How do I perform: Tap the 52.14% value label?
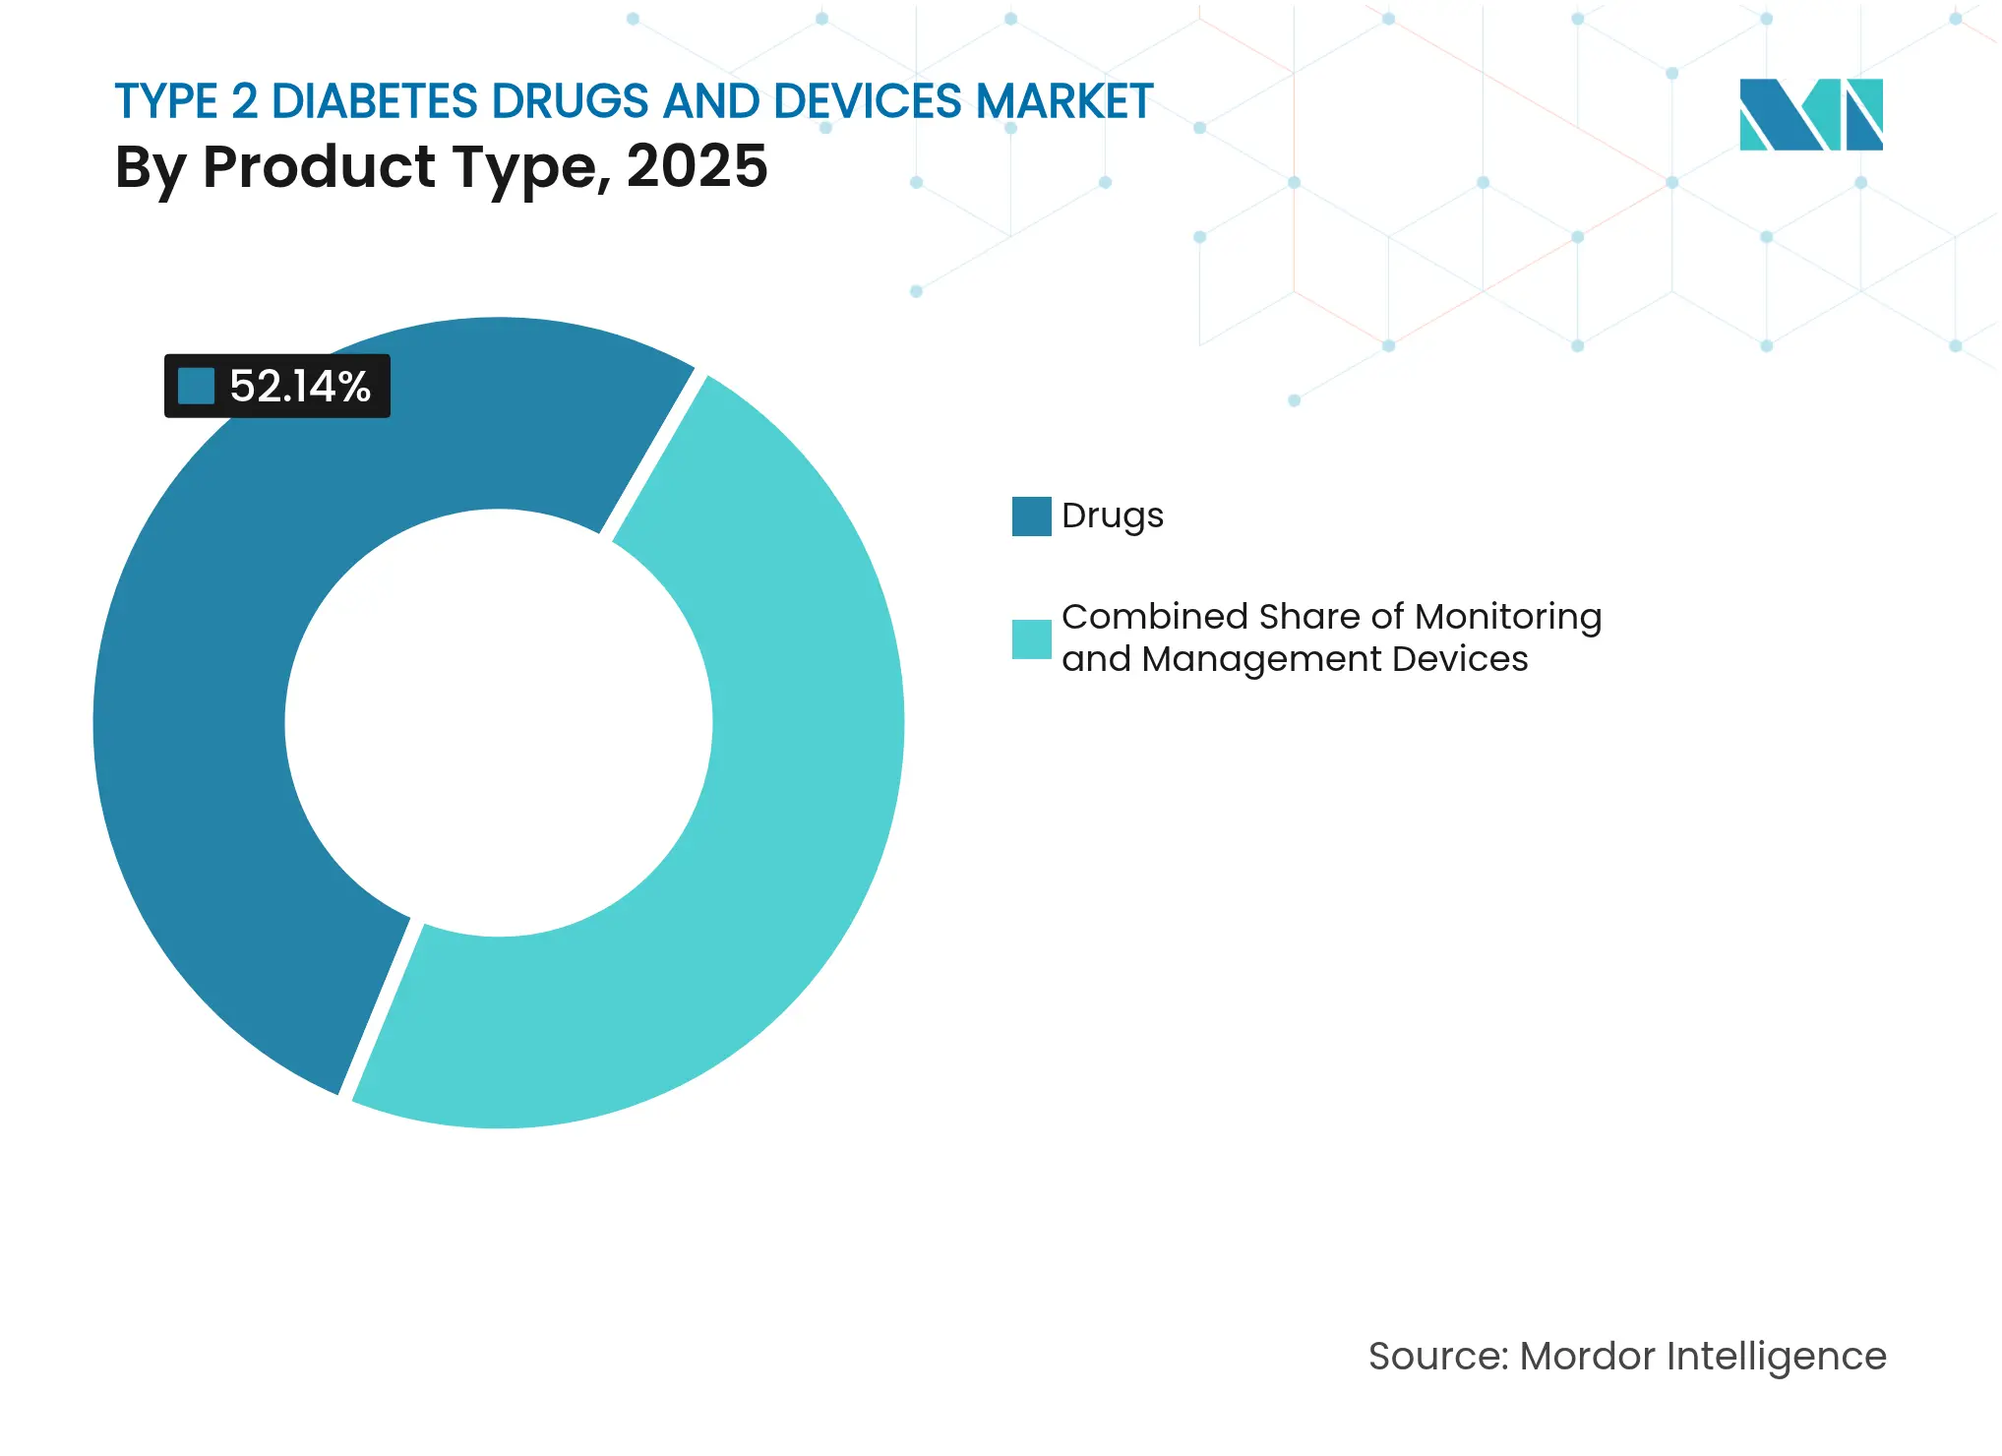pyautogui.click(x=299, y=387)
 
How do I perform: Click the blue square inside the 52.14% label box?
pyautogui.click(x=196, y=386)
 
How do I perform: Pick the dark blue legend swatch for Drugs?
pyautogui.click(x=1031, y=516)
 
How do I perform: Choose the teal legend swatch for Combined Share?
pyautogui.click(x=1031, y=638)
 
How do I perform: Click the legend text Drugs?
pyautogui.click(x=1113, y=516)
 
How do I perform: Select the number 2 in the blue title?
pyautogui.click(x=244, y=101)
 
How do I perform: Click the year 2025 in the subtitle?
pyautogui.click(x=697, y=166)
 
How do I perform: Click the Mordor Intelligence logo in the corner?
pyautogui.click(x=1810, y=114)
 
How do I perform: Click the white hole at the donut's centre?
pyautogui.click(x=499, y=723)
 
